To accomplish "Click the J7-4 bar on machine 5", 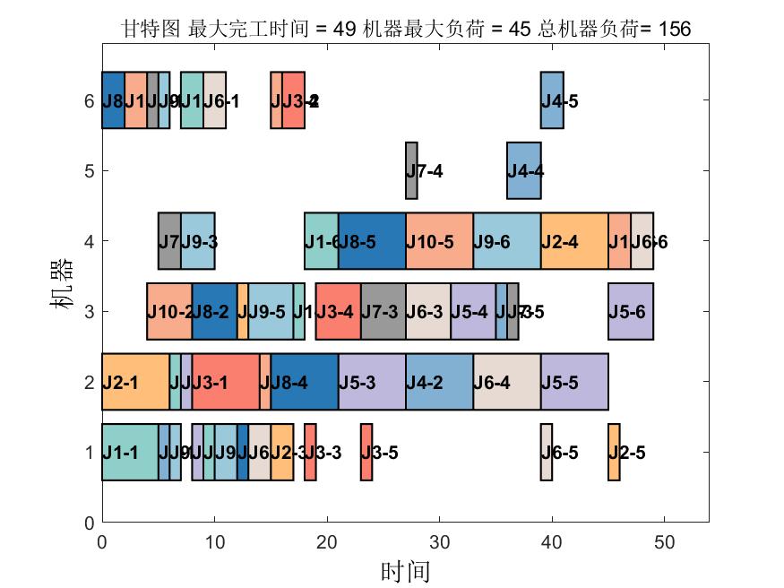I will (x=411, y=170).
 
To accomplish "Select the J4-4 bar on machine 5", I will (x=524, y=170).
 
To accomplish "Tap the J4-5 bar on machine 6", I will (x=552, y=100).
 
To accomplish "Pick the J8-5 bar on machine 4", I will (x=372, y=241).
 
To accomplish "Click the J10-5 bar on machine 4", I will (x=439, y=241).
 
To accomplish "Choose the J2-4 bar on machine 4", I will (x=574, y=241).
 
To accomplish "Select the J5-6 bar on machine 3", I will (x=631, y=311).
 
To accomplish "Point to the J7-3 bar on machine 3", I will (x=383, y=311).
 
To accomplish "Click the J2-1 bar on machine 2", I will (x=135, y=382).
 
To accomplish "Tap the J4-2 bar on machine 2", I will (x=439, y=382).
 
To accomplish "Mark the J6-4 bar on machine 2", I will (x=507, y=382).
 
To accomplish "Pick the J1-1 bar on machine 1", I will (x=130, y=452).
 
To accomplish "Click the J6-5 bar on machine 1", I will (x=546, y=452).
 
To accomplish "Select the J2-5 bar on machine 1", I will (x=614, y=452).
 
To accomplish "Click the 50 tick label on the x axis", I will (x=664, y=541).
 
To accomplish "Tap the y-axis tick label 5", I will (x=89, y=170).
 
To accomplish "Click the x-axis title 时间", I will (x=405, y=571).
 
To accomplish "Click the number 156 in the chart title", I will (x=674, y=30).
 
